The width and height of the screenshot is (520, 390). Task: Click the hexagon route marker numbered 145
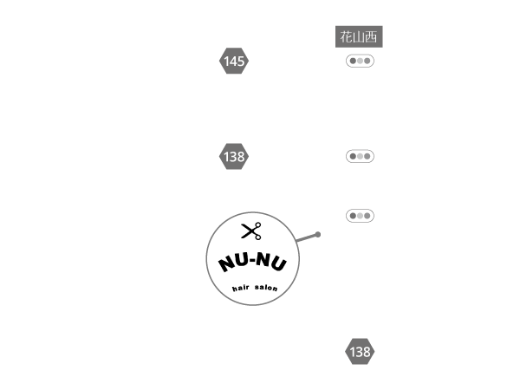click(x=234, y=61)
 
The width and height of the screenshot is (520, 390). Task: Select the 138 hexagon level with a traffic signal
click(x=234, y=156)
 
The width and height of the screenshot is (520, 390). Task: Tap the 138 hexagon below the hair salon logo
click(x=360, y=351)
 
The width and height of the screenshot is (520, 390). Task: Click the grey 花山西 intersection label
click(x=359, y=36)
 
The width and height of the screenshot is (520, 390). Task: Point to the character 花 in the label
click(x=346, y=36)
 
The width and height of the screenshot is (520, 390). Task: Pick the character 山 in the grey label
click(x=359, y=37)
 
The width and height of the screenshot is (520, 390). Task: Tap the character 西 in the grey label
click(x=371, y=36)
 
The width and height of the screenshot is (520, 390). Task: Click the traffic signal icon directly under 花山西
click(x=360, y=61)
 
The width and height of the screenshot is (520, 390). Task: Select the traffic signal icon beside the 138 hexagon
click(x=360, y=156)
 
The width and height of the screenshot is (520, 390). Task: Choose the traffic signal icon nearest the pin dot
click(x=360, y=216)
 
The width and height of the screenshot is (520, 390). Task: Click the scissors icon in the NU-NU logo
click(x=251, y=231)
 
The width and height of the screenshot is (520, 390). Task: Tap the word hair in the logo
click(x=240, y=288)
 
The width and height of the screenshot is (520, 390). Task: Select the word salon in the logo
click(x=266, y=287)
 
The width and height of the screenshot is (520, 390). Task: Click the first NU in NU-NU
click(x=233, y=262)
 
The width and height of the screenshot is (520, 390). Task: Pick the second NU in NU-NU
click(x=271, y=262)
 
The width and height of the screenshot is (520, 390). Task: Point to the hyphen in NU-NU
click(x=252, y=260)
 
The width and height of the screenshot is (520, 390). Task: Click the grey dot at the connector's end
click(x=318, y=235)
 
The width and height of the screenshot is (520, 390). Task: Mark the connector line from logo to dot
click(x=307, y=237)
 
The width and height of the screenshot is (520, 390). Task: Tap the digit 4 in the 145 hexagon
click(x=233, y=61)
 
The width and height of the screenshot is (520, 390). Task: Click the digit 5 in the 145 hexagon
click(x=241, y=61)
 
